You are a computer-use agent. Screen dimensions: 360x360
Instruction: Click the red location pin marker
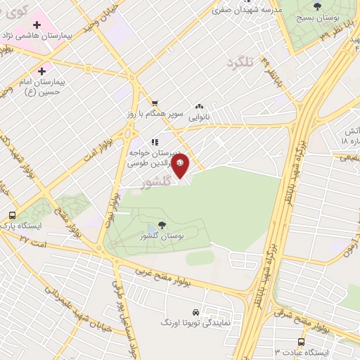181,167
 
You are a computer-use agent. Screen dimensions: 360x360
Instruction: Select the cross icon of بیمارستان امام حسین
43,71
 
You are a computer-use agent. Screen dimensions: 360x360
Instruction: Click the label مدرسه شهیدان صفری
254,10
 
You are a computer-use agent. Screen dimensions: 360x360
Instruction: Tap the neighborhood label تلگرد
239,65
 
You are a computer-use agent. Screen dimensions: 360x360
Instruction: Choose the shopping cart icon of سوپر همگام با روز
154,103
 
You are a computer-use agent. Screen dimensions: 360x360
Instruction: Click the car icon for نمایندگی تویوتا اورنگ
194,311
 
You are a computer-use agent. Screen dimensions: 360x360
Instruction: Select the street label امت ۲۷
33,239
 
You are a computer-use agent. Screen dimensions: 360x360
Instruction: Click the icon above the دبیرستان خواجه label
155,142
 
